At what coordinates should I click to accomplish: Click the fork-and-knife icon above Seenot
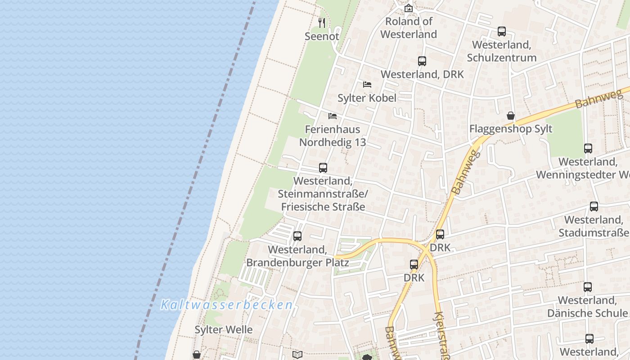(322, 22)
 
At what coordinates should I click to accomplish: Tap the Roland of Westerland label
(409, 27)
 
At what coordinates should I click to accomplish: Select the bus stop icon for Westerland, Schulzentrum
(502, 31)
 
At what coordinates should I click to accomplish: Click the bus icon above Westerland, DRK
(422, 61)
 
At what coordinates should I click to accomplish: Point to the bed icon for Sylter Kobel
(367, 85)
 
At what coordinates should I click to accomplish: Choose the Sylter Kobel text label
(367, 98)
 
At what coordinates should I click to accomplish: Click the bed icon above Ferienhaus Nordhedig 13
(333, 116)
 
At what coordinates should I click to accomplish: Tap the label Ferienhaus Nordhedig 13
(333, 136)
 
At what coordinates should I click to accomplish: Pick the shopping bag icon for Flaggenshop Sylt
(511, 116)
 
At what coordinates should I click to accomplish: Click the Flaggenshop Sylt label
(511, 129)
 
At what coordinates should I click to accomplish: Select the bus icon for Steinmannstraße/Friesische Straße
(323, 168)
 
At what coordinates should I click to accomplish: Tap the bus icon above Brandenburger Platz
(297, 236)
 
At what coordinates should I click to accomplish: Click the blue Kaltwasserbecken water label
(227, 305)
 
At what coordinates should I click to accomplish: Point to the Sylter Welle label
(224, 330)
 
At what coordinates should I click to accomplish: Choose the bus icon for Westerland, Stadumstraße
(594, 207)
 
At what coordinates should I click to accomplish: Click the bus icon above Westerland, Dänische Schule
(588, 287)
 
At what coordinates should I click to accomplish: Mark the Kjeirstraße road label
(441, 335)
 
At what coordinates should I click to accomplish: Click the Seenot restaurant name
(322, 36)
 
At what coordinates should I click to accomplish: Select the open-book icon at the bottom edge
(297, 355)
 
